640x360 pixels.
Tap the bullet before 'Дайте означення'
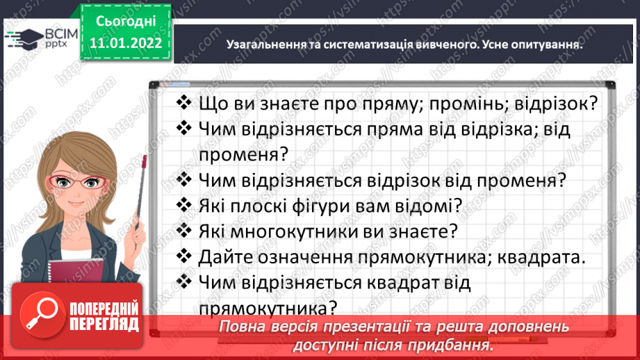(x=184, y=256)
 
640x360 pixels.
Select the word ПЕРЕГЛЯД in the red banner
(x=103, y=324)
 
